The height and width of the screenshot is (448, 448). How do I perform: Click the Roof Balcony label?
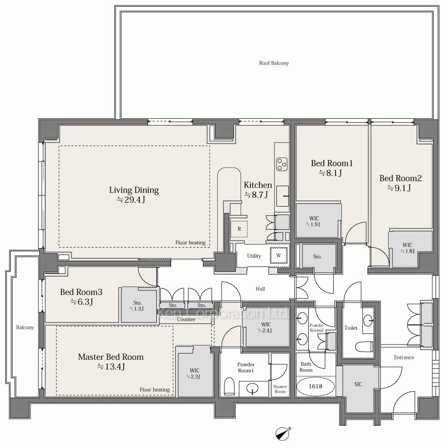[x=274, y=63]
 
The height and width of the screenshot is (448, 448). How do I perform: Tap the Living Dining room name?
[x=134, y=190]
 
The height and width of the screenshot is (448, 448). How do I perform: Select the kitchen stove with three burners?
[x=282, y=165]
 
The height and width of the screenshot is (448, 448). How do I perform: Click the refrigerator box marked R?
[x=239, y=229]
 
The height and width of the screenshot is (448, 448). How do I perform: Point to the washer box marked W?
[x=278, y=255]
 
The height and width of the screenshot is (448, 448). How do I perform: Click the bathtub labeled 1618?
[x=315, y=386]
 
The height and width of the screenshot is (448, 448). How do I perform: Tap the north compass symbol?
[x=283, y=433]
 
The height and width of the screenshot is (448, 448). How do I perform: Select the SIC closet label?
[x=358, y=384]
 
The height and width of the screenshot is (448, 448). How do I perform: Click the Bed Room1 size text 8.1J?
[x=331, y=173]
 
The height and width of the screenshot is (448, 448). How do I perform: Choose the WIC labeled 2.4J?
[x=266, y=327]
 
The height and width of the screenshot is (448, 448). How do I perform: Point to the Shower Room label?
[x=280, y=389]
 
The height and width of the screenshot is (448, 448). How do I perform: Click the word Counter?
[x=186, y=319]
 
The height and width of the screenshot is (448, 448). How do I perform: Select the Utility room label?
[x=254, y=256]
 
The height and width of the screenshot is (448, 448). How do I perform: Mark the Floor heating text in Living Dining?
[x=190, y=242]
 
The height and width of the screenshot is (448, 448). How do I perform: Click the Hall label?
[x=260, y=289]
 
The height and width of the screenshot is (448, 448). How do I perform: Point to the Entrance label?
[x=404, y=358]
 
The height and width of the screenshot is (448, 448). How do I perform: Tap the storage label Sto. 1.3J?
[x=138, y=306]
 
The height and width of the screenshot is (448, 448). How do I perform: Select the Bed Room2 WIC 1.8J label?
[x=407, y=248]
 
